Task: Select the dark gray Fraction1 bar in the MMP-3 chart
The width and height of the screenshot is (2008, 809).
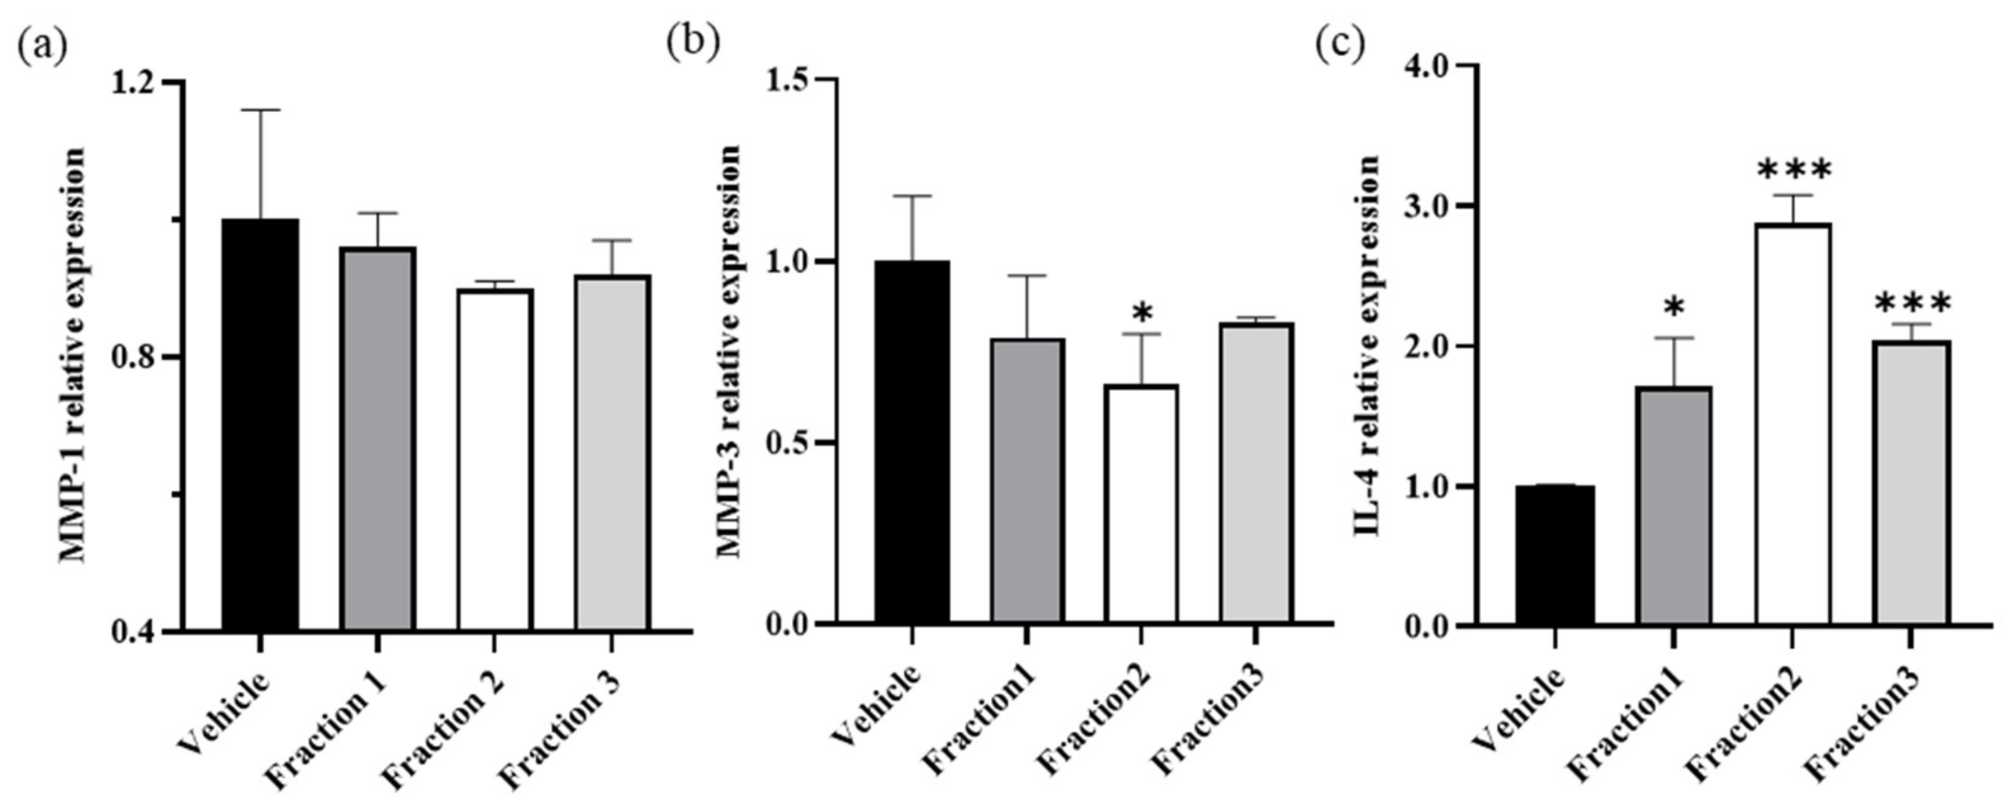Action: point(1027,480)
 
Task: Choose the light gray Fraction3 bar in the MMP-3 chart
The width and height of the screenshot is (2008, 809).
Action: point(1256,473)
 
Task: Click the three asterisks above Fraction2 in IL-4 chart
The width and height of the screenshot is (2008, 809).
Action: point(1792,170)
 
